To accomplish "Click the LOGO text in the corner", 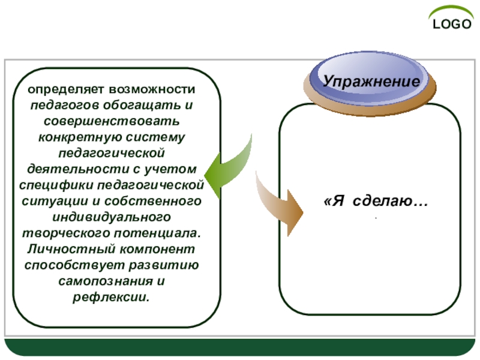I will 452,25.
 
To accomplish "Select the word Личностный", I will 62,248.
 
